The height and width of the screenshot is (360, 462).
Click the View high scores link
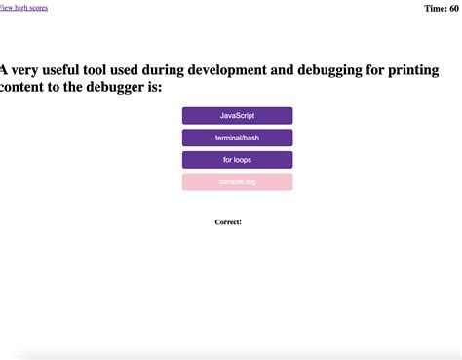23,8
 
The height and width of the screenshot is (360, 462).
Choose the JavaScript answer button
237,116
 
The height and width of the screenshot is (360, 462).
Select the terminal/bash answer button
237,138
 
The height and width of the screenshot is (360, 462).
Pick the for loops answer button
237,160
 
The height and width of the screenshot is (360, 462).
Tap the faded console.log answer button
237,182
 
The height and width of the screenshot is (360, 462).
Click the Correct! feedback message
228,222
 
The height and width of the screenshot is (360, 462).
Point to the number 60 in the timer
455,9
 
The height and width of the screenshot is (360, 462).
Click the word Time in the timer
436,9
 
